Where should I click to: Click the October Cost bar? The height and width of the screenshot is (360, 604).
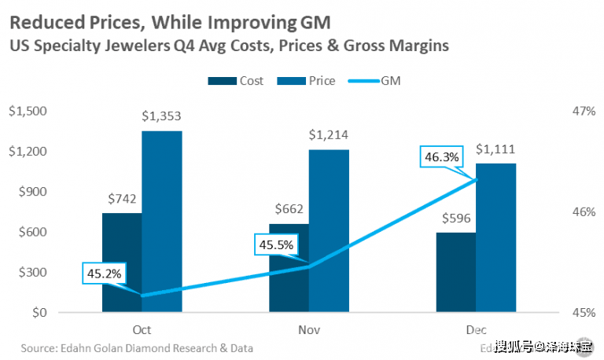pos(122,263)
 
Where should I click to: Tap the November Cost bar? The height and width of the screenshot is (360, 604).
pos(289,268)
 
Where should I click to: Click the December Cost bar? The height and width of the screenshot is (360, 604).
pos(455,273)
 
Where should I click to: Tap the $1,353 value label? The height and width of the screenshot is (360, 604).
pos(161,116)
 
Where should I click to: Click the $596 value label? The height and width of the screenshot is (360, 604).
pos(455,217)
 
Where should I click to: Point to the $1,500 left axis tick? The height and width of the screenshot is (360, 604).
pos(27,112)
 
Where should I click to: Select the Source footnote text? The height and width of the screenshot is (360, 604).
pos(138,347)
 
